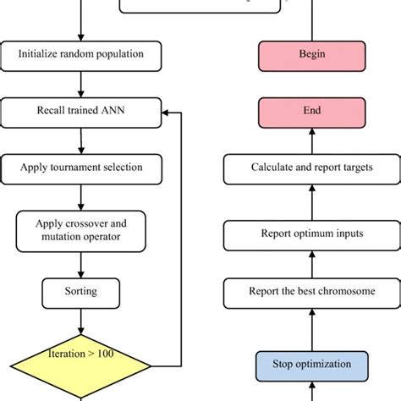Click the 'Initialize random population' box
pyautogui.click(x=81, y=56)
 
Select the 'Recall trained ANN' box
pyautogui.click(x=81, y=111)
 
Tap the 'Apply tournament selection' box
pyautogui.click(x=81, y=168)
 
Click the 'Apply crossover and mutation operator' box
pyautogui.click(x=81, y=228)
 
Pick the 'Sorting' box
pyautogui.click(x=81, y=292)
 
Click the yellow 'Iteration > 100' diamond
pyautogui.click(x=81, y=365)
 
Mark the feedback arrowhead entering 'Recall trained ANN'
pyautogui.click(x=168, y=111)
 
